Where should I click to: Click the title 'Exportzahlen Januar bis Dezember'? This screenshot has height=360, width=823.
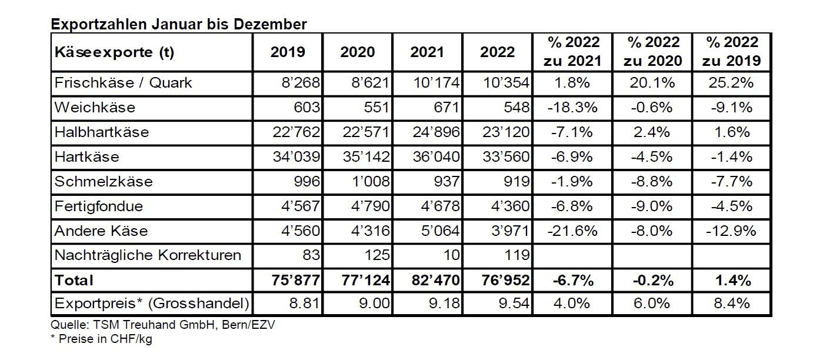pos(178,24)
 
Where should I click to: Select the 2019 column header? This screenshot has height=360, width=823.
pos(288,52)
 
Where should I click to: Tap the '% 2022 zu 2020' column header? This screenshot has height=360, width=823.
pos(653,52)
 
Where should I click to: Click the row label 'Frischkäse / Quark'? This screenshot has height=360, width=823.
pos(124,83)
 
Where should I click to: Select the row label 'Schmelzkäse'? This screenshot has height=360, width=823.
pos(104,182)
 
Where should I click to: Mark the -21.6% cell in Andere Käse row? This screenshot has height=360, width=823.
pos(572,231)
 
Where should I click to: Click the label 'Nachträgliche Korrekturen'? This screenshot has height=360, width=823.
pos(148,255)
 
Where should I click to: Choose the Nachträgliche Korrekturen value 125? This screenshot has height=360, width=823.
pos(376,255)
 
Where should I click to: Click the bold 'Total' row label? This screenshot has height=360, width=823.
pos(74,281)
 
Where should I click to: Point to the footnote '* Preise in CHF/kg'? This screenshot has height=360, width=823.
pos(101,339)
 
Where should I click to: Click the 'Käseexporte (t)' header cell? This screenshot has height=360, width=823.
pos(114,52)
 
